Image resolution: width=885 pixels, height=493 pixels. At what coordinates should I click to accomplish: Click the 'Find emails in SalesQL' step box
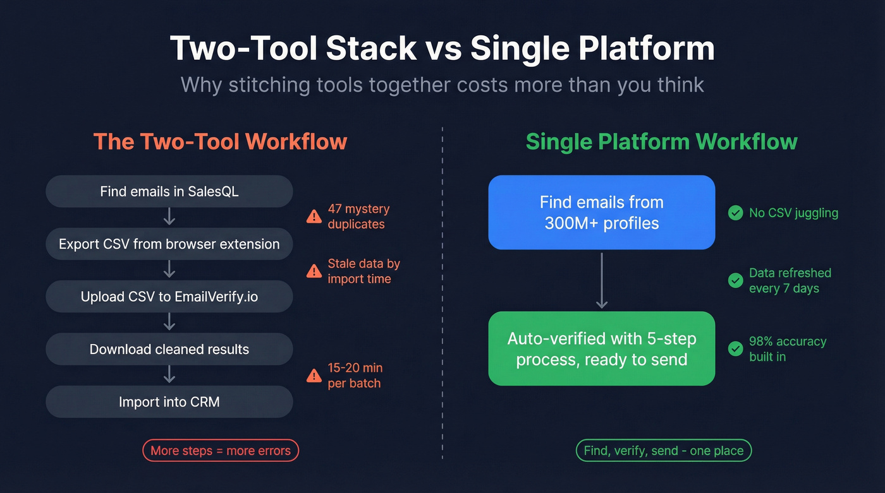169,191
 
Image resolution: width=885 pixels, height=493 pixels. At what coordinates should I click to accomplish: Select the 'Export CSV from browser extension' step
169,244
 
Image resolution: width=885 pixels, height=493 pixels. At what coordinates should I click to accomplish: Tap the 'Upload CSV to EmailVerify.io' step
169,297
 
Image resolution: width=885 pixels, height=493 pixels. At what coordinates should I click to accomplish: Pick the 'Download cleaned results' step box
169,349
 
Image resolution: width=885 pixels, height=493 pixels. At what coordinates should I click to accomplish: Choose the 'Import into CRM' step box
169,402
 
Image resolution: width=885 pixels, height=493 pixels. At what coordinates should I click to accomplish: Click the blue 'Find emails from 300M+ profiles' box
601,212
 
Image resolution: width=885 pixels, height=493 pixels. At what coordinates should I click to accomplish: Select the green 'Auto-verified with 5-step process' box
601,348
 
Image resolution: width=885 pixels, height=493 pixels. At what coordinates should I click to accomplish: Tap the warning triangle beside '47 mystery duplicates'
314,217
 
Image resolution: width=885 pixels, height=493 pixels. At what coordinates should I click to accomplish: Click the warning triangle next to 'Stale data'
314,271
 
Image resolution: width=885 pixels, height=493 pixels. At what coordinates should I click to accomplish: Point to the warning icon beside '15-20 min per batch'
314,376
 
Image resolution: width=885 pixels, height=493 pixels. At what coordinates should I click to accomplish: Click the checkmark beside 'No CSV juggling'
735,213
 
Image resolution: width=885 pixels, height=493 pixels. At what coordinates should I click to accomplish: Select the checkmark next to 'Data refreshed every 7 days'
735,280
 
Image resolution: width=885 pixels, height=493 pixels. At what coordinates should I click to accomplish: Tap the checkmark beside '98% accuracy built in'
735,348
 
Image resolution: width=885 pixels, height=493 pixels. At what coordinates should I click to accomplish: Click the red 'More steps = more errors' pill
220,451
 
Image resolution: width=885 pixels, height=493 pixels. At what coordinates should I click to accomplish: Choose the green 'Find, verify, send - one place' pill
664,451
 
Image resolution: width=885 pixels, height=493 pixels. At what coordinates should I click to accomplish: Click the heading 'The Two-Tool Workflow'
220,141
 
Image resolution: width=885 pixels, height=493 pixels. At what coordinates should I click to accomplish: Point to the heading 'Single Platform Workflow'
661,141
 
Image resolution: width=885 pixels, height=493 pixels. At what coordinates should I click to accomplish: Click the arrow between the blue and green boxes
601,280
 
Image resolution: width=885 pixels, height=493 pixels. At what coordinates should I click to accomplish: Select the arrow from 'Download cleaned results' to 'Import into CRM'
169,376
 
